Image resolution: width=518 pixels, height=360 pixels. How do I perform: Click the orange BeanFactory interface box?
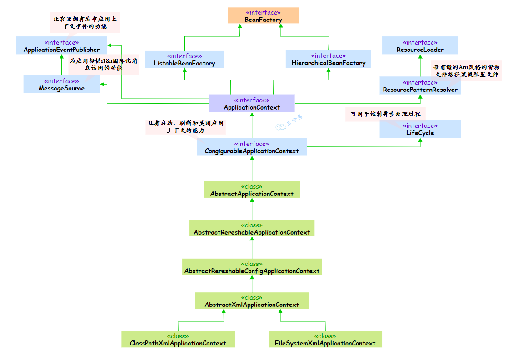[263, 16]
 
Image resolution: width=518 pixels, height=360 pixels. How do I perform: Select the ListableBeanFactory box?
[184, 60]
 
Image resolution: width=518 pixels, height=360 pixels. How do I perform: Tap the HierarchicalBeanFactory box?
[328, 59]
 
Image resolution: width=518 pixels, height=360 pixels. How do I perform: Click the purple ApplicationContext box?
[252, 104]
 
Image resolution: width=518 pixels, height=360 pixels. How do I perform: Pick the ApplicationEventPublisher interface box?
[61, 46]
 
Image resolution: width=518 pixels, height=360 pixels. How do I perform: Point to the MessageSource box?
[61, 85]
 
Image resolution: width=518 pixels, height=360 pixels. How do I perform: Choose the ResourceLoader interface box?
[420, 46]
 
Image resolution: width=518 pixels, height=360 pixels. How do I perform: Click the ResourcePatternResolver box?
[420, 86]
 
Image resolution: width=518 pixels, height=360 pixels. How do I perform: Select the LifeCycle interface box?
[420, 129]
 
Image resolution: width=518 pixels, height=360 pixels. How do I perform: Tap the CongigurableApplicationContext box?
[252, 147]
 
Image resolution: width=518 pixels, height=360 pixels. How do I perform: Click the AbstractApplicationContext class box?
[252, 190]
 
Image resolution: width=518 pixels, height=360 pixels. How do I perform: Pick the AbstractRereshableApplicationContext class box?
[252, 229]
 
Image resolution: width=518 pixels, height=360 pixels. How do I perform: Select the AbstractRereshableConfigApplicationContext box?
[252, 267]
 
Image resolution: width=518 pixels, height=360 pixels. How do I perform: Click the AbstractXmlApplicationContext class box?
[252, 301]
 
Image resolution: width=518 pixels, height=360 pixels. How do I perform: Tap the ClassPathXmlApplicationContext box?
[178, 340]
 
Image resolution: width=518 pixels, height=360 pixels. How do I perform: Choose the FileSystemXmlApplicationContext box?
[325, 340]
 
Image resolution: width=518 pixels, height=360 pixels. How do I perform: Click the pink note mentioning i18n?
[97, 65]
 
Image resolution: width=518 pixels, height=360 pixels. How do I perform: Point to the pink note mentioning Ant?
[466, 71]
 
